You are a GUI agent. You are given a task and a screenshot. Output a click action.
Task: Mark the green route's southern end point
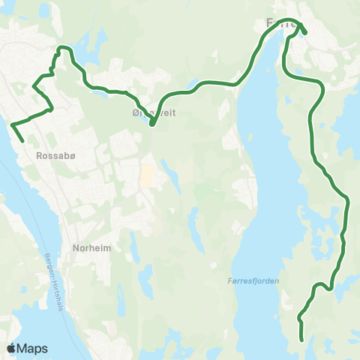click(x=302, y=340)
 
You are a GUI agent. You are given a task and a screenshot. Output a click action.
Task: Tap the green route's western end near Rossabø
click(x=22, y=140)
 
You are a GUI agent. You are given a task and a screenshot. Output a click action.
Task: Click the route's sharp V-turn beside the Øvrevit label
click(x=152, y=124)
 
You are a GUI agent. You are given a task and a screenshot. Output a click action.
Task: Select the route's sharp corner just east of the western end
click(x=51, y=109)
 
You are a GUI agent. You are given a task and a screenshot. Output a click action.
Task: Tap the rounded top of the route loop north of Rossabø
click(x=63, y=48)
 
